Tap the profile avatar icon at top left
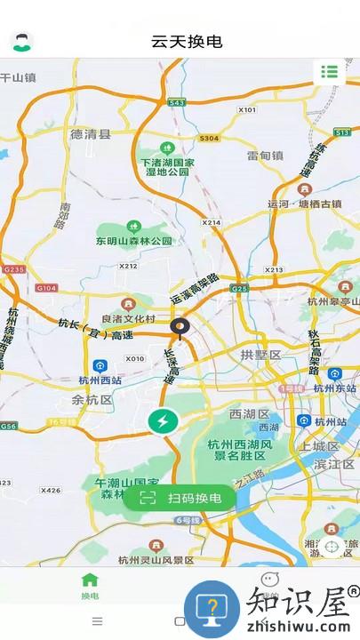pos(20,41)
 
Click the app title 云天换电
pos(186,42)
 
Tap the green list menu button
pos(330,72)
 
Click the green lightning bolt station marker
pos(164,421)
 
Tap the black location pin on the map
pos(180,330)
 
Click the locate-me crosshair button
pos(332,547)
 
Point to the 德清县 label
pos(91,135)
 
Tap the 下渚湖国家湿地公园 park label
pos(167,166)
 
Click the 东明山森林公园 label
pos(133,240)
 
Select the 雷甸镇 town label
pos(265,156)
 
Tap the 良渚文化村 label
pos(129,319)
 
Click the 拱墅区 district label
pos(260,356)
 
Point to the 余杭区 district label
pos(92,400)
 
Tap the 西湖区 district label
pos(248,414)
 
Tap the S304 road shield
pos(209,139)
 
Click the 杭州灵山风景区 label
pos(156,560)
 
